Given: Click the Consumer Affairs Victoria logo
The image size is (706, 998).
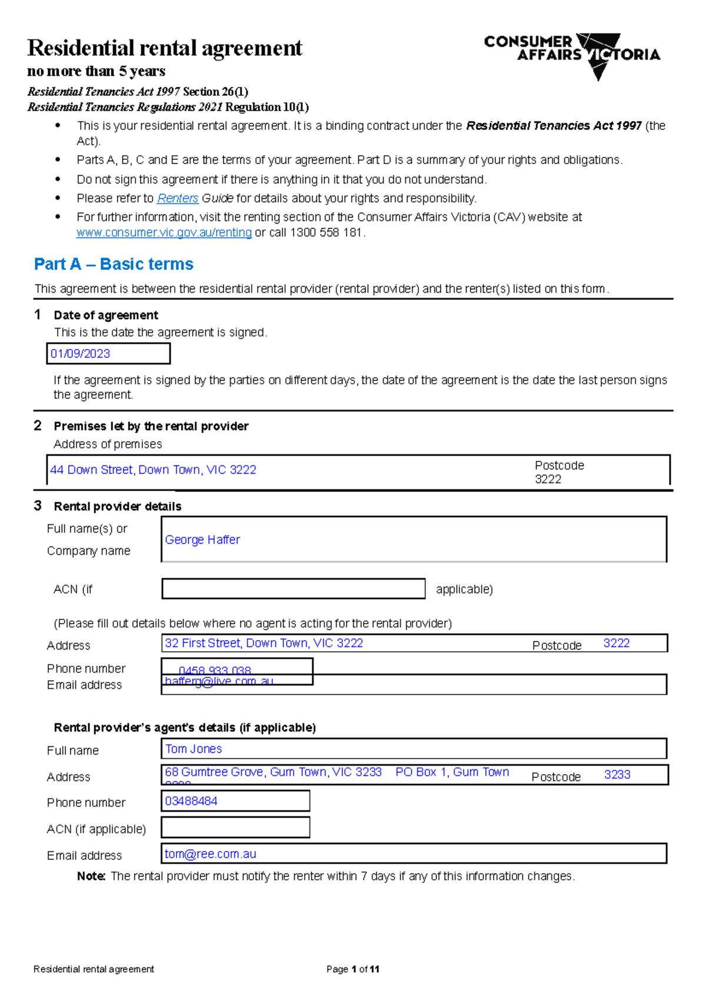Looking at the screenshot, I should click(572, 54).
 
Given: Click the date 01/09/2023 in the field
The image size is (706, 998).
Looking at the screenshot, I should click(81, 354).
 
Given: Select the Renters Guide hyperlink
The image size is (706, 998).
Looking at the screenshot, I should click(177, 199).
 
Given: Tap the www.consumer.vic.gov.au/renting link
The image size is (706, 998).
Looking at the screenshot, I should click(164, 233).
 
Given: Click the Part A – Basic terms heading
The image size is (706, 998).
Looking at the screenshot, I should click(114, 264).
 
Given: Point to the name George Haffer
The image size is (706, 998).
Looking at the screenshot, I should click(202, 540).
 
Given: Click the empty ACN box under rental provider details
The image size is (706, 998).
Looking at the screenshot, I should click(293, 589).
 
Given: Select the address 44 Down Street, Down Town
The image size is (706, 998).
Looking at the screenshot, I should click(153, 470).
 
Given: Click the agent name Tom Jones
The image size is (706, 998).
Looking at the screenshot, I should click(194, 749).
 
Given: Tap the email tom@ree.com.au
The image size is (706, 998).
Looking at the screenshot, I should click(211, 854).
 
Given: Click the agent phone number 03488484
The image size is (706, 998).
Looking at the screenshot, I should click(191, 801).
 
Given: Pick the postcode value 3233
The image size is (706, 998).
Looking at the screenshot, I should click(617, 775).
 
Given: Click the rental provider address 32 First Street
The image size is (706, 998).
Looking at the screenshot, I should click(264, 643).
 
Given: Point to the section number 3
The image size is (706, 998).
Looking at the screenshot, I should click(38, 506).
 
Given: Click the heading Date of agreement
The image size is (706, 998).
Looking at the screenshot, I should click(106, 316).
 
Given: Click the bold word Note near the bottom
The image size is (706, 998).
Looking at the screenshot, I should click(91, 876).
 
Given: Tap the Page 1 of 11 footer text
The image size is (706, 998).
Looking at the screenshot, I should click(352, 969).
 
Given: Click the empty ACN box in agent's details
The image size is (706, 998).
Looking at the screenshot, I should click(235, 828).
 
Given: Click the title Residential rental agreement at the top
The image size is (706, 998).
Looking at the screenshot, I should click(165, 48).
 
